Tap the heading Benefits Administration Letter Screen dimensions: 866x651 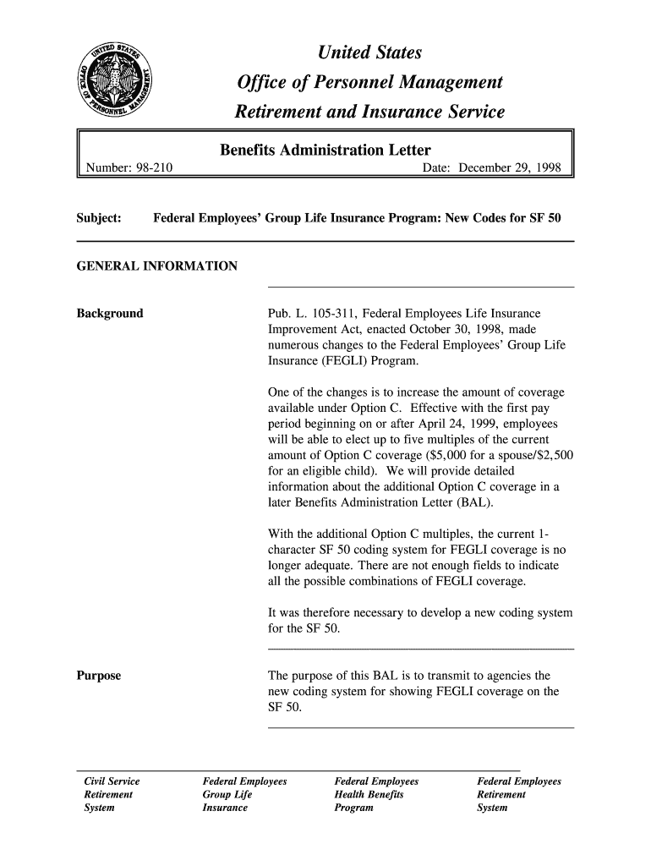click(x=325, y=151)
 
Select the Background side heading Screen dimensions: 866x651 click(x=110, y=314)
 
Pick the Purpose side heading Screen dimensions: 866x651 click(x=99, y=676)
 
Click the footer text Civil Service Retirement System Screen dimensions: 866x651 click(x=108, y=794)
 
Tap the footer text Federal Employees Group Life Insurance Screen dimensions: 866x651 click(x=245, y=794)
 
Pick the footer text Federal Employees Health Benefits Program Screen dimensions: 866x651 click(x=377, y=794)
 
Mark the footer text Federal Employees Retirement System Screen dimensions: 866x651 click(x=519, y=794)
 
